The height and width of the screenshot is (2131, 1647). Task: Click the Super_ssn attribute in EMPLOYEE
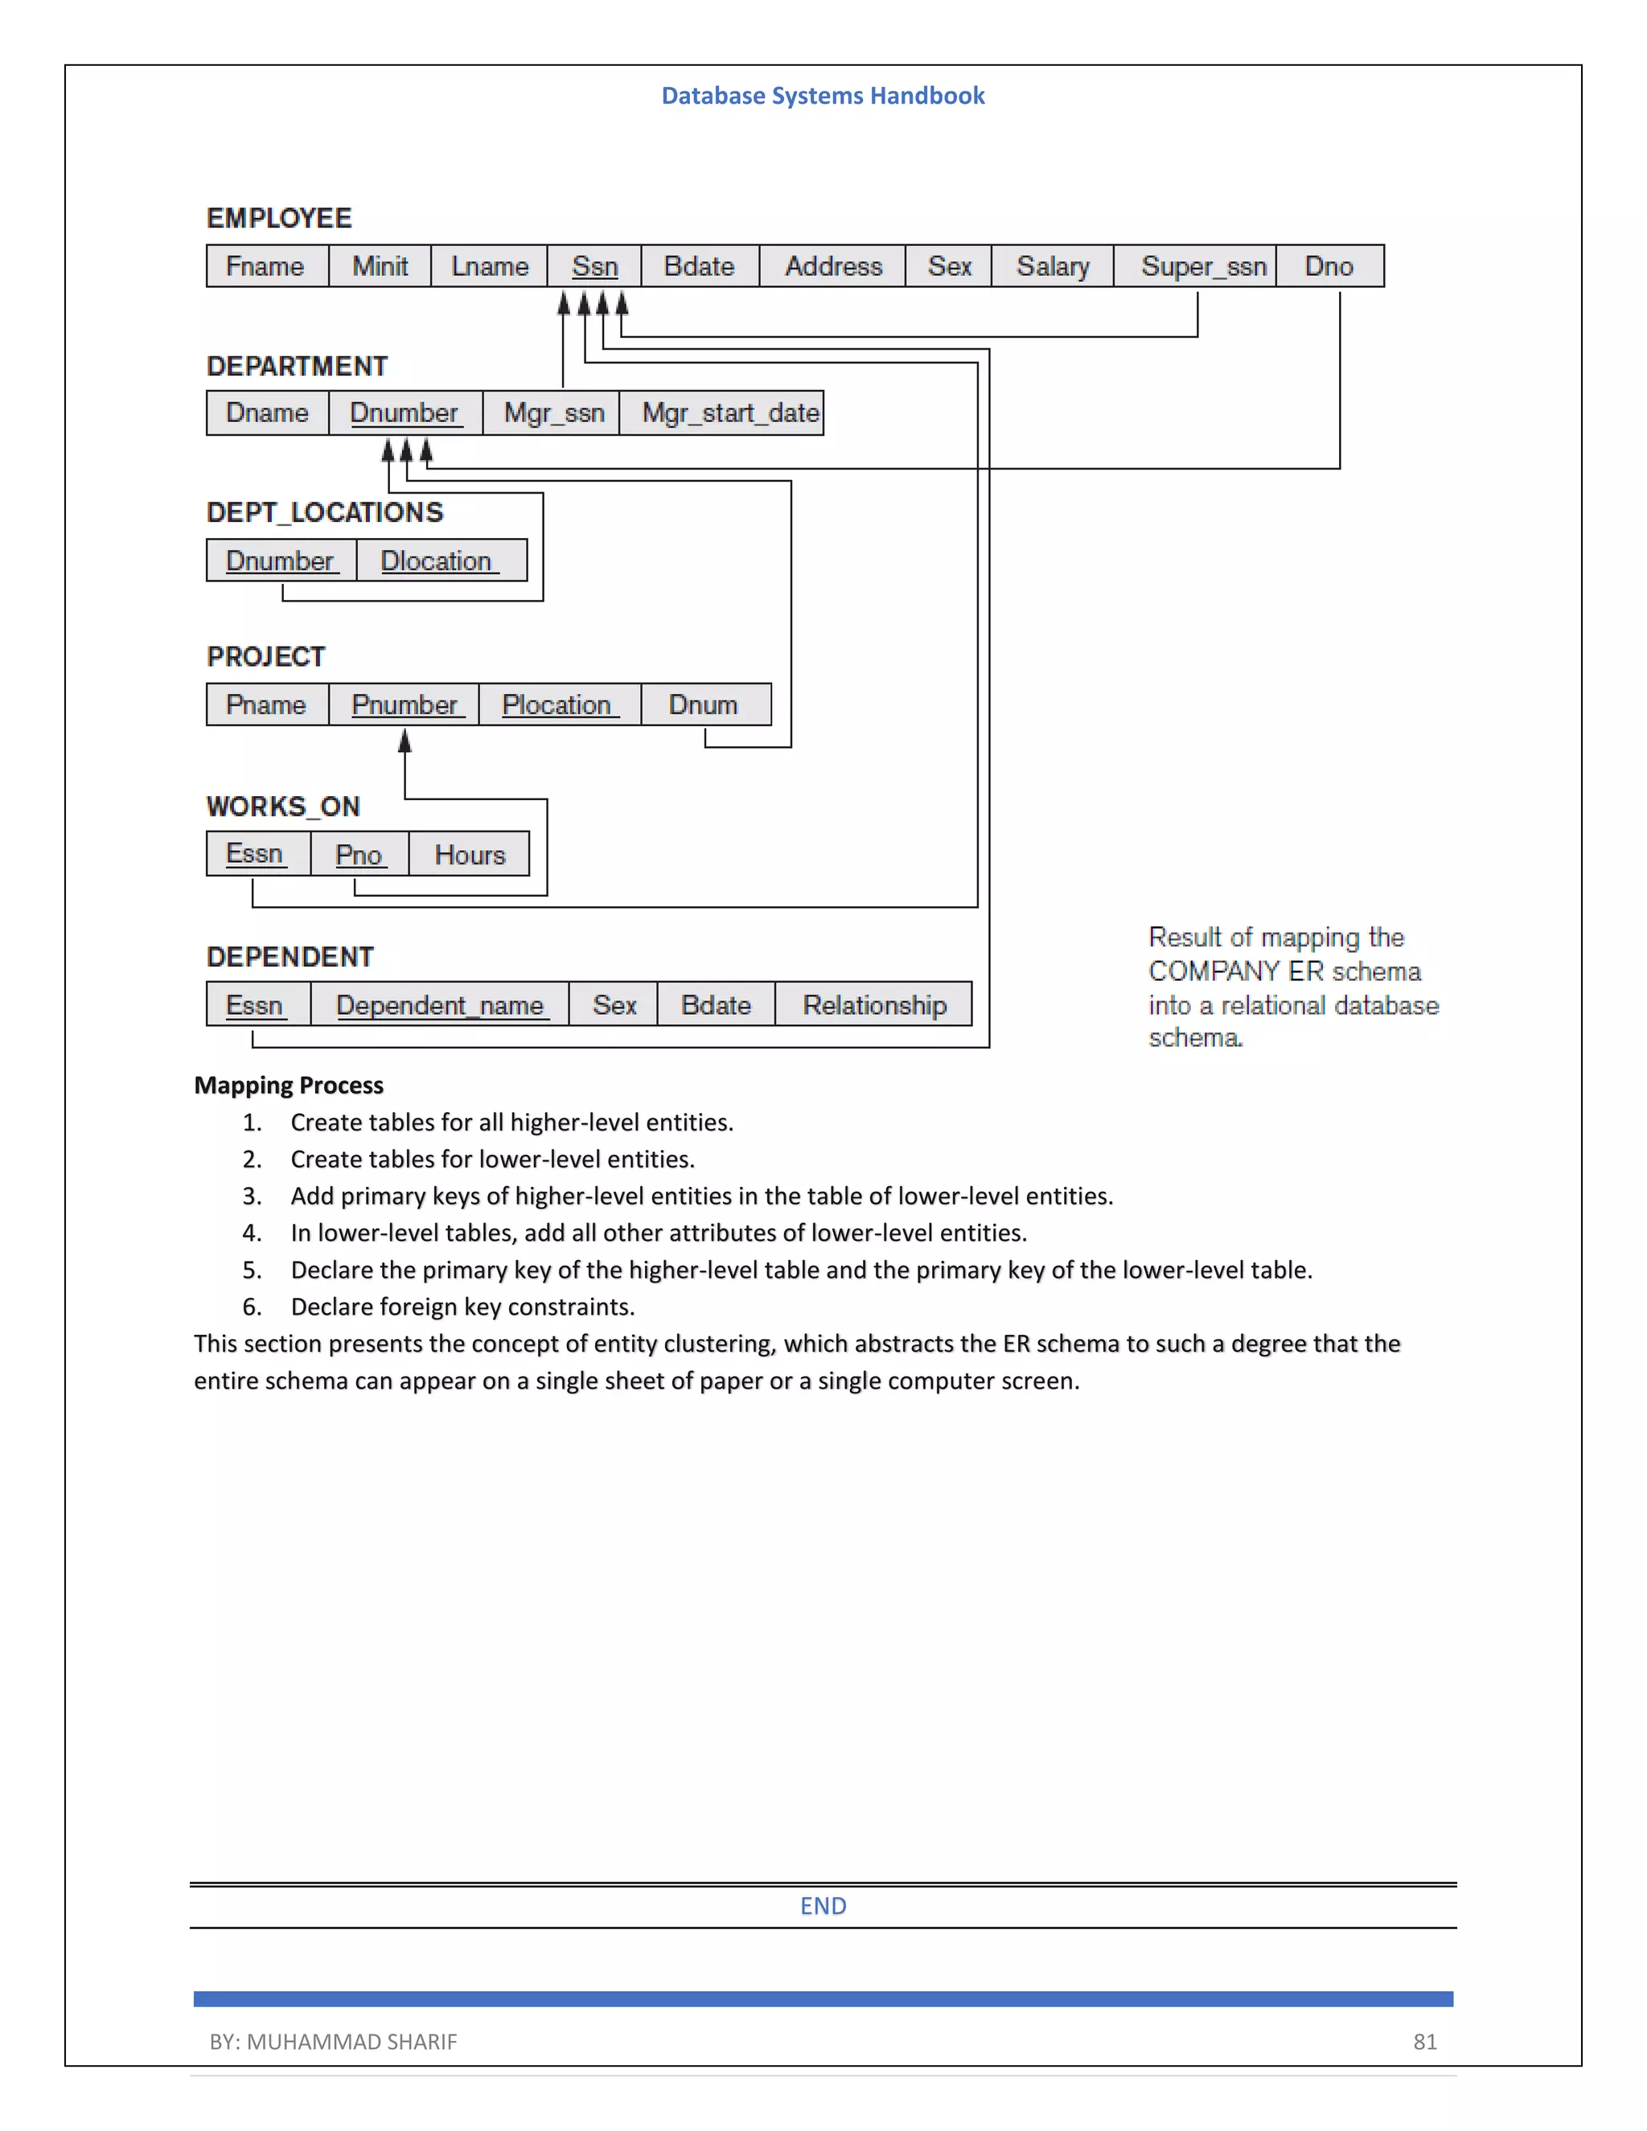tap(1202, 266)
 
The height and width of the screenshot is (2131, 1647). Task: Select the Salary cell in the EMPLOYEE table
tap(1052, 266)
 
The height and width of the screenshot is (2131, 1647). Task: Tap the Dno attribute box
tap(1328, 266)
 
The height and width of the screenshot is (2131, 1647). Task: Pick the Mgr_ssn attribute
tap(553, 413)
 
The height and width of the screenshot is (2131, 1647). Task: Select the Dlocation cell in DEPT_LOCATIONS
tap(439, 561)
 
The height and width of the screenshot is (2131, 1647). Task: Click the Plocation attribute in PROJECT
tap(558, 704)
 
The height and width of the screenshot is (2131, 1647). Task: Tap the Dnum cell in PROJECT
tap(703, 704)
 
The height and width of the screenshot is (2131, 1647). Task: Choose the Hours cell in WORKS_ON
tap(470, 855)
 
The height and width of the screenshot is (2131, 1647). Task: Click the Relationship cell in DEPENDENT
tap(873, 1005)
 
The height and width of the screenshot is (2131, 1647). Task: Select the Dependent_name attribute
tap(439, 1005)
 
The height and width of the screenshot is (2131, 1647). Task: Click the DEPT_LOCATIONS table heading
tap(324, 512)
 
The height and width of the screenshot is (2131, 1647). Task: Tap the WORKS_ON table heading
tap(283, 807)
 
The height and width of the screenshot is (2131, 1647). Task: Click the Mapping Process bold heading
tap(288, 1085)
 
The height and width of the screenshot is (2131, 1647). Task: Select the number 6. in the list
tap(252, 1307)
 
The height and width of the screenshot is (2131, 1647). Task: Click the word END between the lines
tap(823, 1906)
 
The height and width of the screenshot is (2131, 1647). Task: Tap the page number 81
tap(1424, 2041)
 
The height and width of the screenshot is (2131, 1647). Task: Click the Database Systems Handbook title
tap(823, 96)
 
